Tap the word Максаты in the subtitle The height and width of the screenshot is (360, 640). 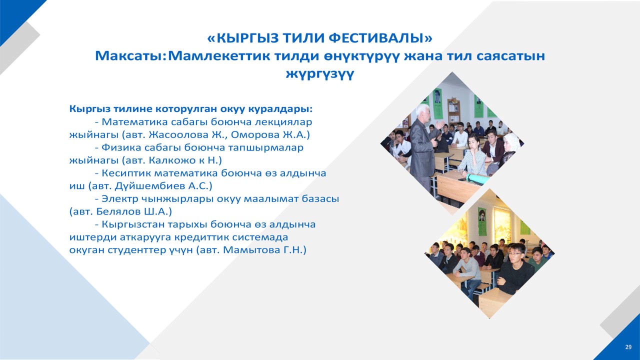tap(129, 56)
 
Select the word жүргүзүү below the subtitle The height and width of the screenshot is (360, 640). tap(320, 74)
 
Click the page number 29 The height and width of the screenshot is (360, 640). tap(628, 347)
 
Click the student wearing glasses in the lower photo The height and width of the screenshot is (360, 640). tap(515, 268)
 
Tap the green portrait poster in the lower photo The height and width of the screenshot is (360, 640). tap(482, 221)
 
